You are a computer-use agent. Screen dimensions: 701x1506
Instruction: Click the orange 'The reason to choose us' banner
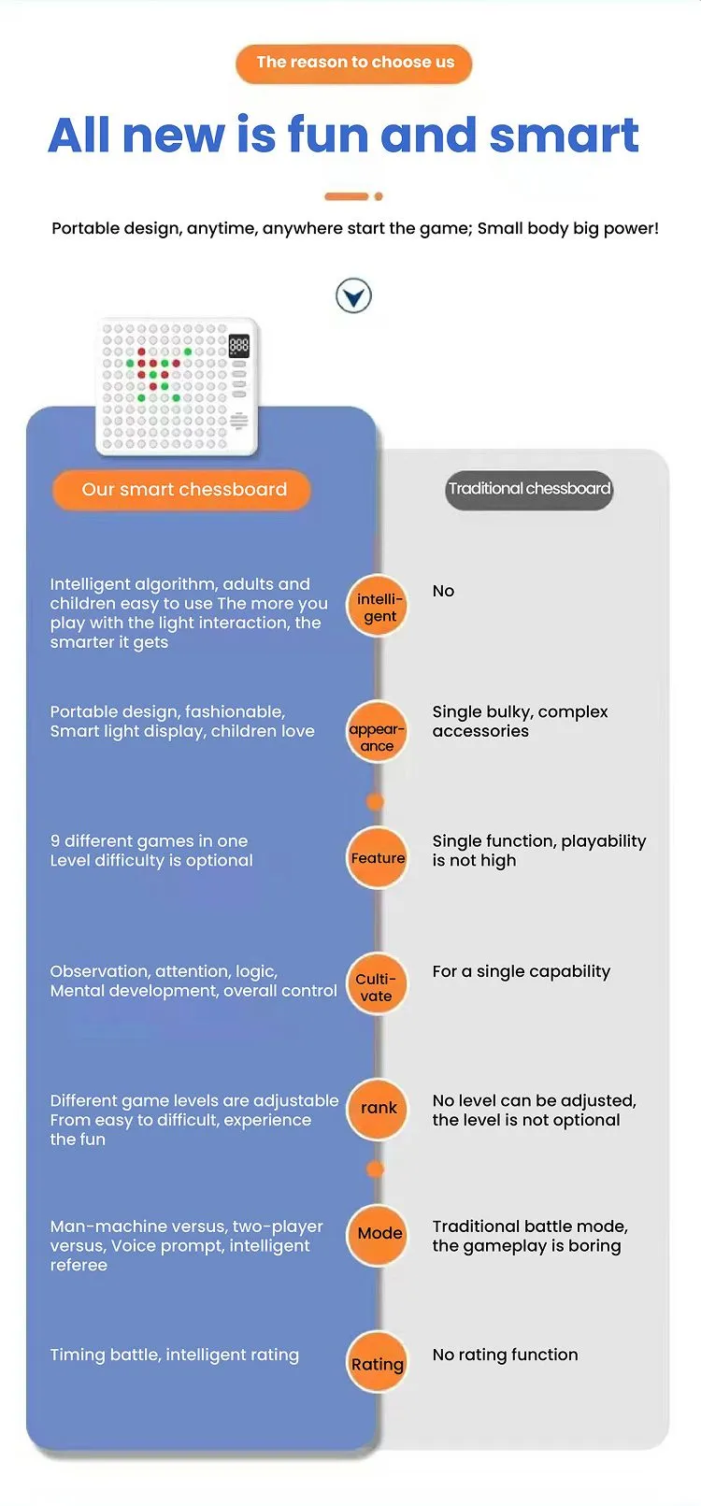[353, 64]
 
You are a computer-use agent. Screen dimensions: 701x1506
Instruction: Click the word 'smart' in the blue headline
[564, 136]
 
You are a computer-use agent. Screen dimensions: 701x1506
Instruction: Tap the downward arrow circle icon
[353, 295]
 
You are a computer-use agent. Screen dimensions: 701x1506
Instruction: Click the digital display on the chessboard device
[239, 346]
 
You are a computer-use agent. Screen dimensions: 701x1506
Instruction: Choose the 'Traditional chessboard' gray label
[530, 489]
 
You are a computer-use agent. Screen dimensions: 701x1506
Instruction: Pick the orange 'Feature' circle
[377, 857]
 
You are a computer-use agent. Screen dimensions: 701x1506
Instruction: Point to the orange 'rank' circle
[377, 1110]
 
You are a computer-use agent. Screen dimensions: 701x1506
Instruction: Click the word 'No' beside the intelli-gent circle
[444, 591]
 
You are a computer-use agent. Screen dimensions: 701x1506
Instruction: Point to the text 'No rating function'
[506, 1355]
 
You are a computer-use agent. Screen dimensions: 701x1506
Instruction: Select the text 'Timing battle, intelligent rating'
[175, 1355]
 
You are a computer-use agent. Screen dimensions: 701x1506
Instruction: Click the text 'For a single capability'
[522, 971]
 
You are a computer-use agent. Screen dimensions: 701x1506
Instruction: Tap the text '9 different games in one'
[150, 841]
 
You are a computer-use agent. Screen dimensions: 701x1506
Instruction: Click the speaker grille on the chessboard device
[238, 421]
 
